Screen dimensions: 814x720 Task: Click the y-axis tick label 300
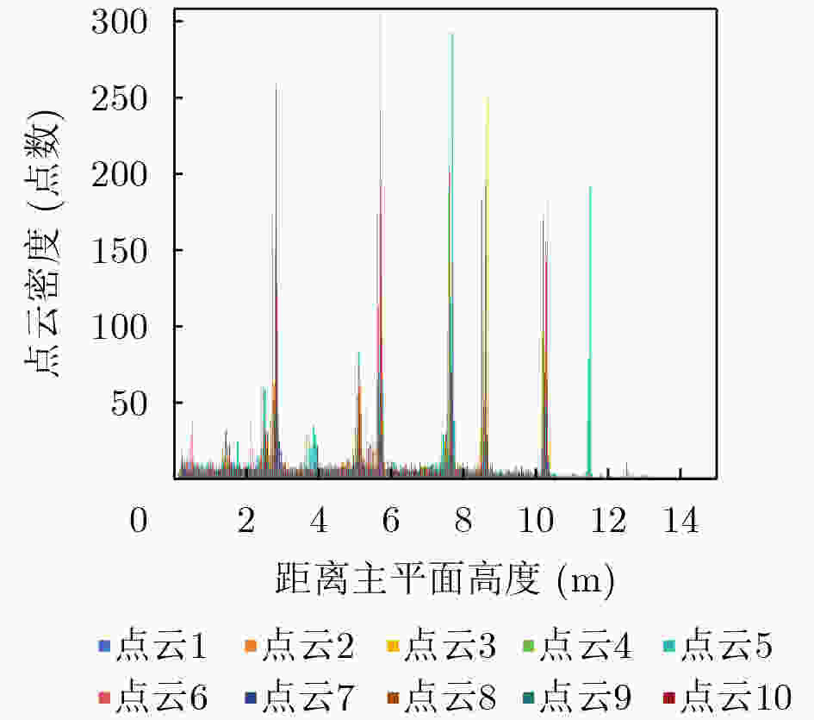click(x=120, y=23)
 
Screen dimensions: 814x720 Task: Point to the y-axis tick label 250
click(x=120, y=99)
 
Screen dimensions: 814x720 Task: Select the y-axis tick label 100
click(x=120, y=328)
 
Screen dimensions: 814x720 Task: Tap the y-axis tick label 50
click(x=129, y=404)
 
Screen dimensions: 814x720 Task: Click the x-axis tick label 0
click(x=139, y=520)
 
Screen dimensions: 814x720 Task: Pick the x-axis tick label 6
click(x=391, y=520)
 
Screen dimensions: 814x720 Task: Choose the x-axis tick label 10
click(x=537, y=520)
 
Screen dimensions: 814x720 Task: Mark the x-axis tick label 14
click(x=681, y=520)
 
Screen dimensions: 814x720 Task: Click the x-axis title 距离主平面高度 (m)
click(x=444, y=579)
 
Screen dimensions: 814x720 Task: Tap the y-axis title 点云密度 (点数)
click(x=42, y=243)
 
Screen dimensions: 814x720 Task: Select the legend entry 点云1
click(x=152, y=645)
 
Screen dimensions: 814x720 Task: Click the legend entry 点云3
click(x=442, y=645)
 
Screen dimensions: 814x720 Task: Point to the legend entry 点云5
click(x=718, y=645)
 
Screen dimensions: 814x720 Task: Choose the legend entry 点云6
click(x=152, y=696)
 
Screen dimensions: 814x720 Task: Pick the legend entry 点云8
click(x=442, y=696)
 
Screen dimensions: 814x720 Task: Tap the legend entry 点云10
click(x=727, y=696)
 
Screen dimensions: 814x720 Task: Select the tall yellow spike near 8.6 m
click(x=487, y=286)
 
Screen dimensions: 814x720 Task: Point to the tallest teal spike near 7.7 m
click(x=451, y=254)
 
